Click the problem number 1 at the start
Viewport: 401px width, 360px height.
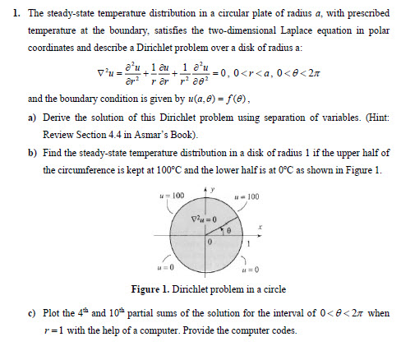coord(9,13)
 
